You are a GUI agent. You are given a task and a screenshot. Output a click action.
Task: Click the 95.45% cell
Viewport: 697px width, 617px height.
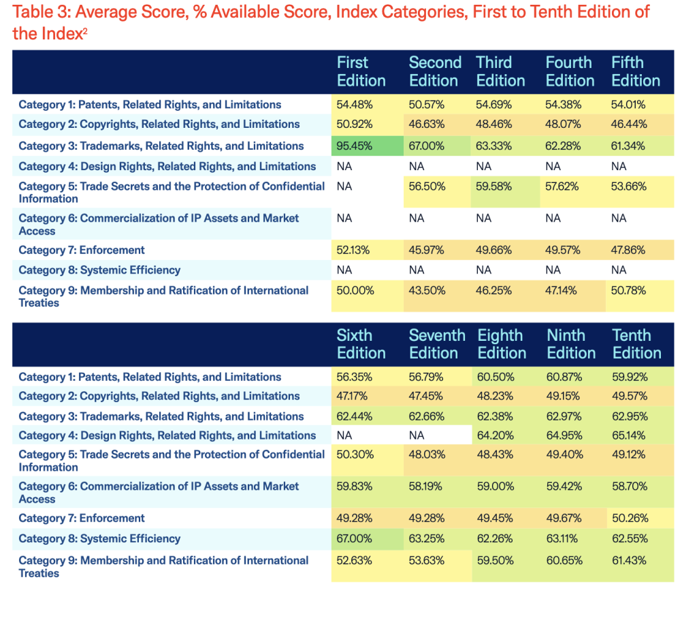pyautogui.click(x=353, y=146)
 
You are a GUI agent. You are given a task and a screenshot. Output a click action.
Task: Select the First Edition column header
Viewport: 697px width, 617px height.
pyautogui.click(x=361, y=71)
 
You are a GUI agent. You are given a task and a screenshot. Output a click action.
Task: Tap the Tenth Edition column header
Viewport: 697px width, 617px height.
pyautogui.click(x=636, y=344)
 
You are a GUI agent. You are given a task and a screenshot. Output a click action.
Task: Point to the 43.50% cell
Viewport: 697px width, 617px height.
pyautogui.click(x=427, y=290)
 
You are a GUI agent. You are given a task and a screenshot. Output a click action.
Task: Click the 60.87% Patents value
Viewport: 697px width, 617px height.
pyautogui.click(x=564, y=377)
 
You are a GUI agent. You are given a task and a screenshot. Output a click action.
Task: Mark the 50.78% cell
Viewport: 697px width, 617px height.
pyautogui.click(x=628, y=290)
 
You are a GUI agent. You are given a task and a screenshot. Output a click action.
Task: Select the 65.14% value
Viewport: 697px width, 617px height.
pyautogui.click(x=630, y=435)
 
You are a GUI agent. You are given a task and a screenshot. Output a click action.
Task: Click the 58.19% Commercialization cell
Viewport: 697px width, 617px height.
pyautogui.click(x=425, y=486)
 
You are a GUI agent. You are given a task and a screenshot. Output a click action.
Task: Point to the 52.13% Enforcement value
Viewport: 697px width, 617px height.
pyautogui.click(x=353, y=250)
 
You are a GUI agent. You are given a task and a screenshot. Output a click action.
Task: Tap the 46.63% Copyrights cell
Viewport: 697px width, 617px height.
pyautogui.click(x=426, y=124)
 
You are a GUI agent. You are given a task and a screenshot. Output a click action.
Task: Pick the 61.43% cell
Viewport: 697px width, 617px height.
pyautogui.click(x=629, y=561)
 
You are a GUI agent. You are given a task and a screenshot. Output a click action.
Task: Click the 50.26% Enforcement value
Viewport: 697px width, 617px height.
pyautogui.click(x=630, y=518)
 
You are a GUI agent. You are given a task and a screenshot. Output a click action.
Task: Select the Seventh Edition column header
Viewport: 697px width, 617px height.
pyautogui.click(x=436, y=344)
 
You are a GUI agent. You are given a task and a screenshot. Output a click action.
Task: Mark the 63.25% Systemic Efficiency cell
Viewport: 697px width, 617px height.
pyautogui.click(x=426, y=539)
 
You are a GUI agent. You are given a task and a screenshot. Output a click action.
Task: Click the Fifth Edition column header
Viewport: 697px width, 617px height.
pyautogui.click(x=635, y=71)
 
